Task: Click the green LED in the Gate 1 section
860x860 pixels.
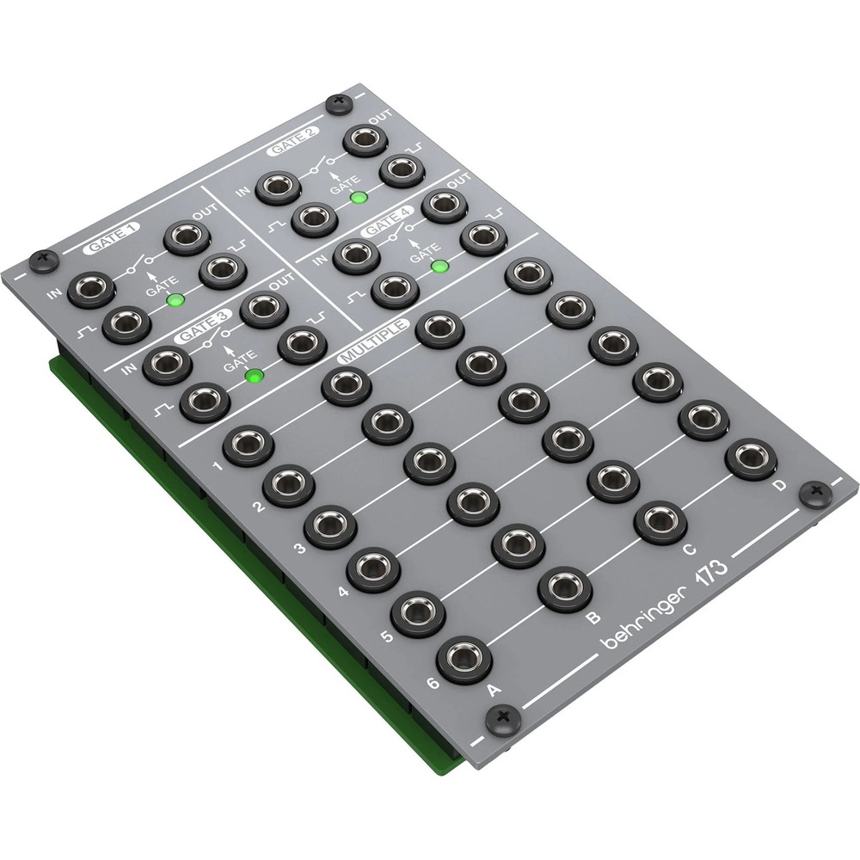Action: point(175,300)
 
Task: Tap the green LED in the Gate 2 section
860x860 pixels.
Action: point(359,198)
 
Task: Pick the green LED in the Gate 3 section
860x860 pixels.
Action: point(254,376)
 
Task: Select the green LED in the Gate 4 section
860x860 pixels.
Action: point(439,265)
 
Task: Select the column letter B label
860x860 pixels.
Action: point(591,617)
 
